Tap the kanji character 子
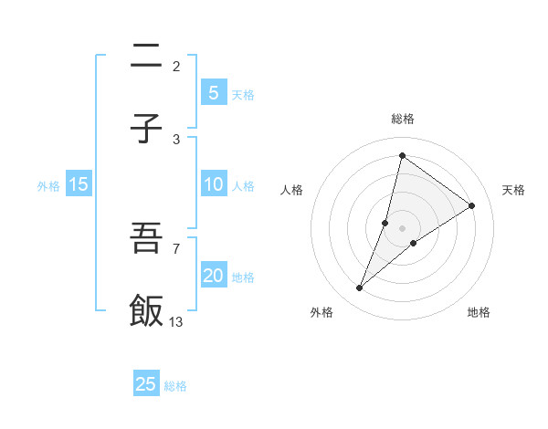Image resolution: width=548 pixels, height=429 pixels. pyautogui.click(x=146, y=129)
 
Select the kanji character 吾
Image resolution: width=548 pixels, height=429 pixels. pyautogui.click(x=146, y=238)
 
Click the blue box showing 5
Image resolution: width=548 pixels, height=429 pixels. pyautogui.click(x=213, y=92)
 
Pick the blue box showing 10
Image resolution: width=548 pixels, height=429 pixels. pyautogui.click(x=213, y=184)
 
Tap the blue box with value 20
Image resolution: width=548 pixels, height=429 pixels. pyautogui.click(x=213, y=277)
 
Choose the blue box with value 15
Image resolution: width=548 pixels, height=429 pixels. pyautogui.click(x=79, y=184)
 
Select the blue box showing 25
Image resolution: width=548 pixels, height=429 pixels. pyautogui.click(x=146, y=384)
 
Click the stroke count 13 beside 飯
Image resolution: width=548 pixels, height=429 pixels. pyautogui.click(x=176, y=321)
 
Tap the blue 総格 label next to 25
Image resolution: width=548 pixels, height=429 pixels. pyautogui.click(x=175, y=386)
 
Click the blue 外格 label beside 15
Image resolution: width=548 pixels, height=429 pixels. pyautogui.click(x=48, y=185)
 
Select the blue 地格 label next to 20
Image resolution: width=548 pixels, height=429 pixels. pyautogui.click(x=243, y=277)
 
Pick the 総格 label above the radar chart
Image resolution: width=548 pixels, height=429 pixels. pyautogui.click(x=402, y=119)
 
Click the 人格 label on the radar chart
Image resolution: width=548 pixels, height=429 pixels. pyautogui.click(x=292, y=190)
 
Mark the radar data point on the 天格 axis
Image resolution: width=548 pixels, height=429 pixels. pyautogui.click(x=472, y=205)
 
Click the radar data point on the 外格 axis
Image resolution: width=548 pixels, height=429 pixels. pyautogui.click(x=359, y=288)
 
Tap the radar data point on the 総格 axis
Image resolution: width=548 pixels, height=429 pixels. pyautogui.click(x=402, y=155)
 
